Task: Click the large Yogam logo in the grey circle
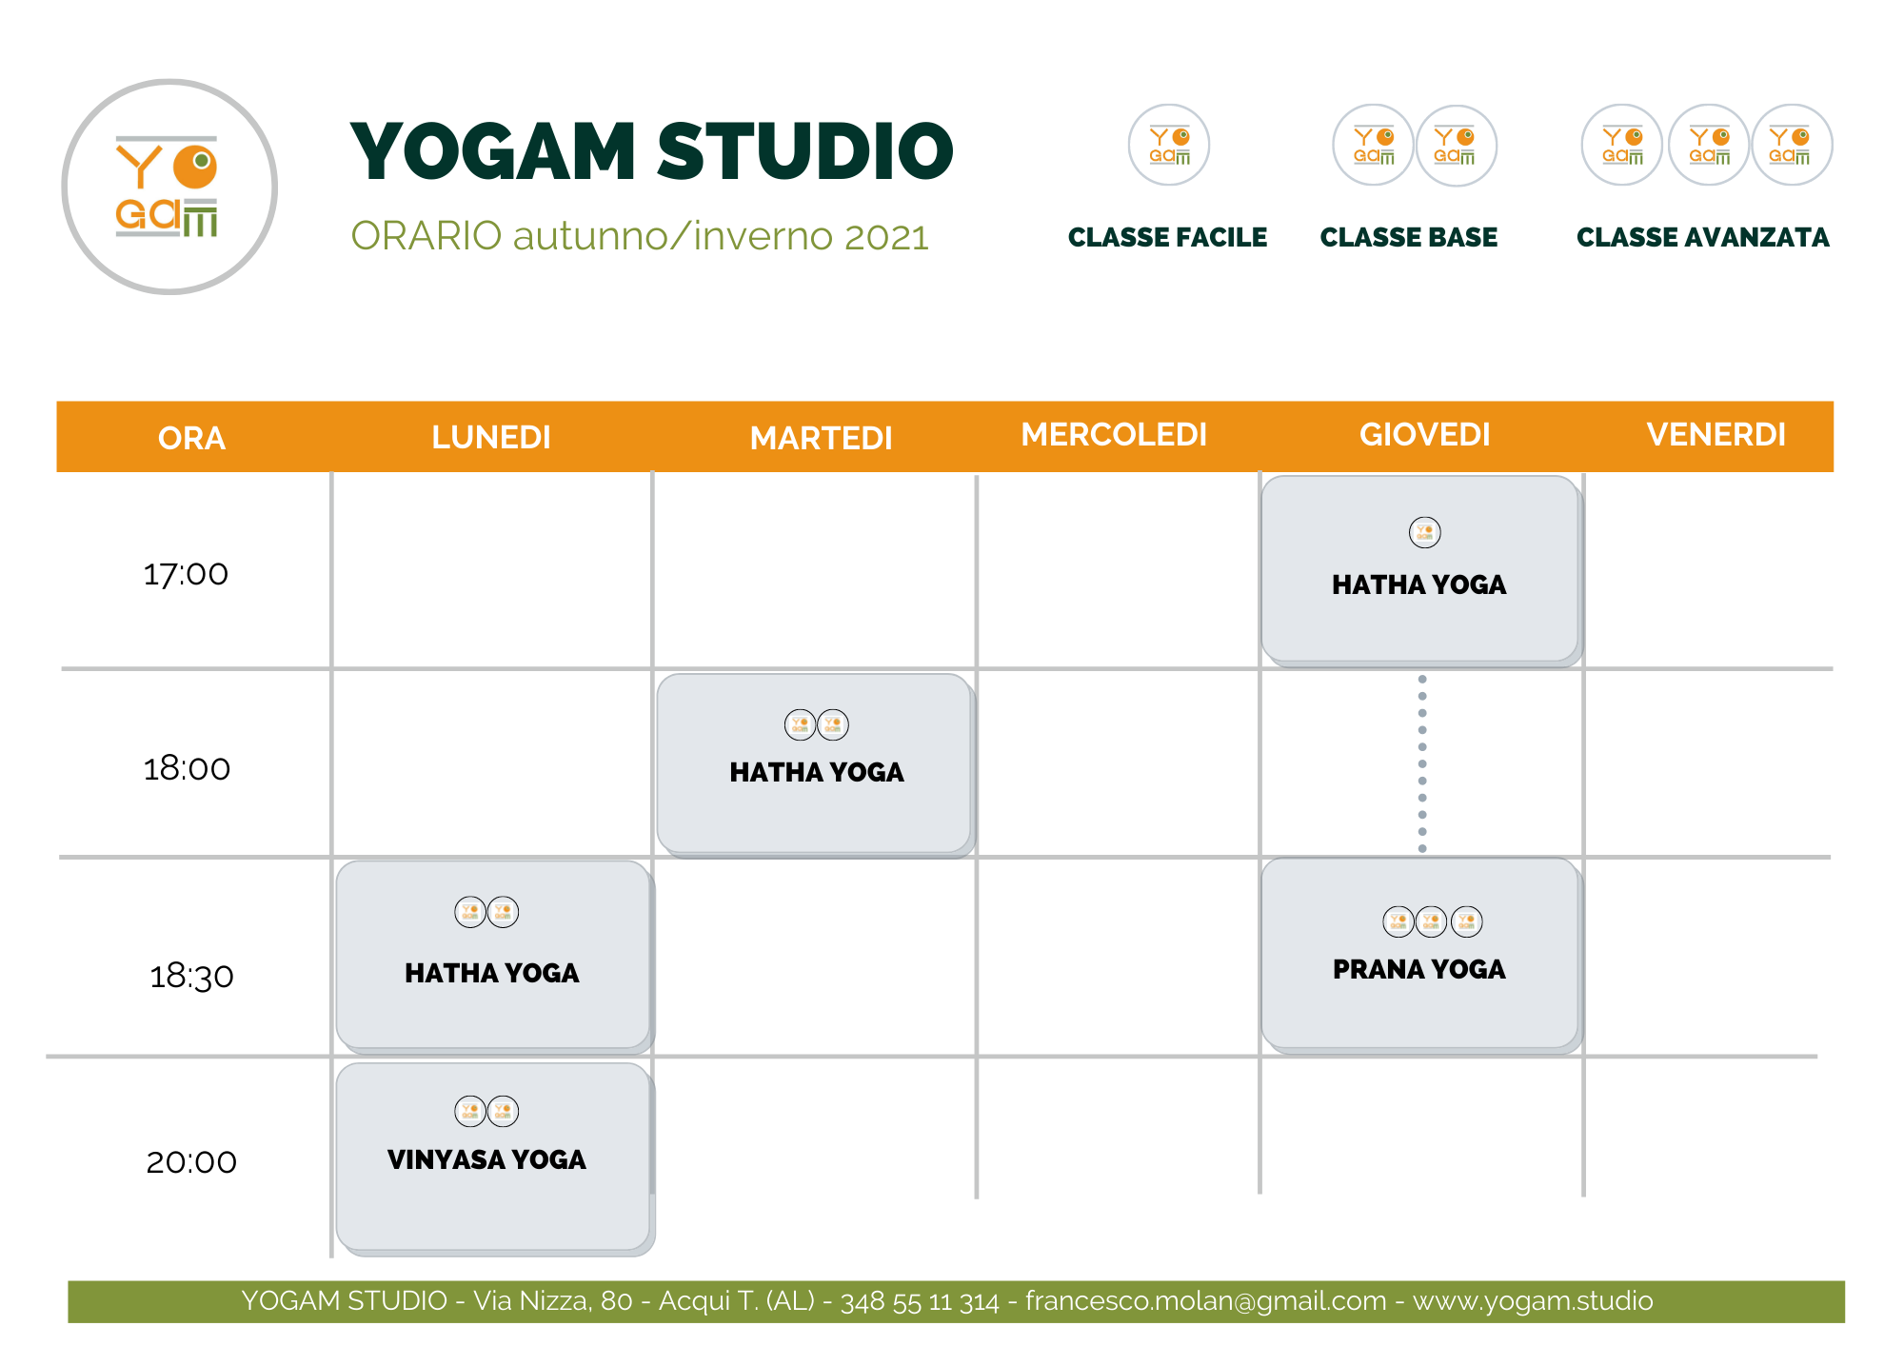click(169, 187)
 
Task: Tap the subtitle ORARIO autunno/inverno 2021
click(640, 236)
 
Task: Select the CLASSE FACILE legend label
click(1167, 237)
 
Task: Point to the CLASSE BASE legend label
click(1409, 237)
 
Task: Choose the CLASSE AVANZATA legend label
click(1703, 237)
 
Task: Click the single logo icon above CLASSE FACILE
click(1169, 145)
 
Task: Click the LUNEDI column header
click(491, 437)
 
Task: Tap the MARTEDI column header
click(821, 438)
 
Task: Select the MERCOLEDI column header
click(1114, 434)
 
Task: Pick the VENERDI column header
click(1716, 434)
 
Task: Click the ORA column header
click(191, 438)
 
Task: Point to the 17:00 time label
click(186, 574)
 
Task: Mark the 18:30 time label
click(191, 976)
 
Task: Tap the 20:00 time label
click(191, 1162)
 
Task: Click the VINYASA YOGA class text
click(486, 1159)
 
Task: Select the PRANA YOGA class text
click(1419, 969)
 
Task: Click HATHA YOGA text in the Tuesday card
click(817, 772)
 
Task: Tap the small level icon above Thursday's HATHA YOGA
click(1425, 532)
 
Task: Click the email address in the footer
click(1205, 1301)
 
